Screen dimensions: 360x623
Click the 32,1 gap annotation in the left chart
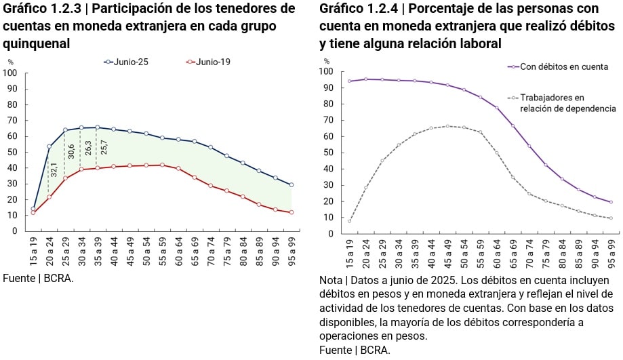click(x=54, y=169)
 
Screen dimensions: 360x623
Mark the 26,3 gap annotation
click(x=87, y=148)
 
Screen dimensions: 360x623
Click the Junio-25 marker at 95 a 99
click(x=292, y=184)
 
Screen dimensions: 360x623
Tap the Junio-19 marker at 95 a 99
click(x=292, y=212)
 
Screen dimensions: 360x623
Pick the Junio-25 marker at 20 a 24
click(x=49, y=146)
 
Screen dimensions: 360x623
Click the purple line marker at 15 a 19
click(x=350, y=81)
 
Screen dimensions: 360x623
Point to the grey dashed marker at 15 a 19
click(x=350, y=221)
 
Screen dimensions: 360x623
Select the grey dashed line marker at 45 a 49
click(x=447, y=126)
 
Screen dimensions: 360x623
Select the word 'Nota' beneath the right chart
click(x=330, y=280)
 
